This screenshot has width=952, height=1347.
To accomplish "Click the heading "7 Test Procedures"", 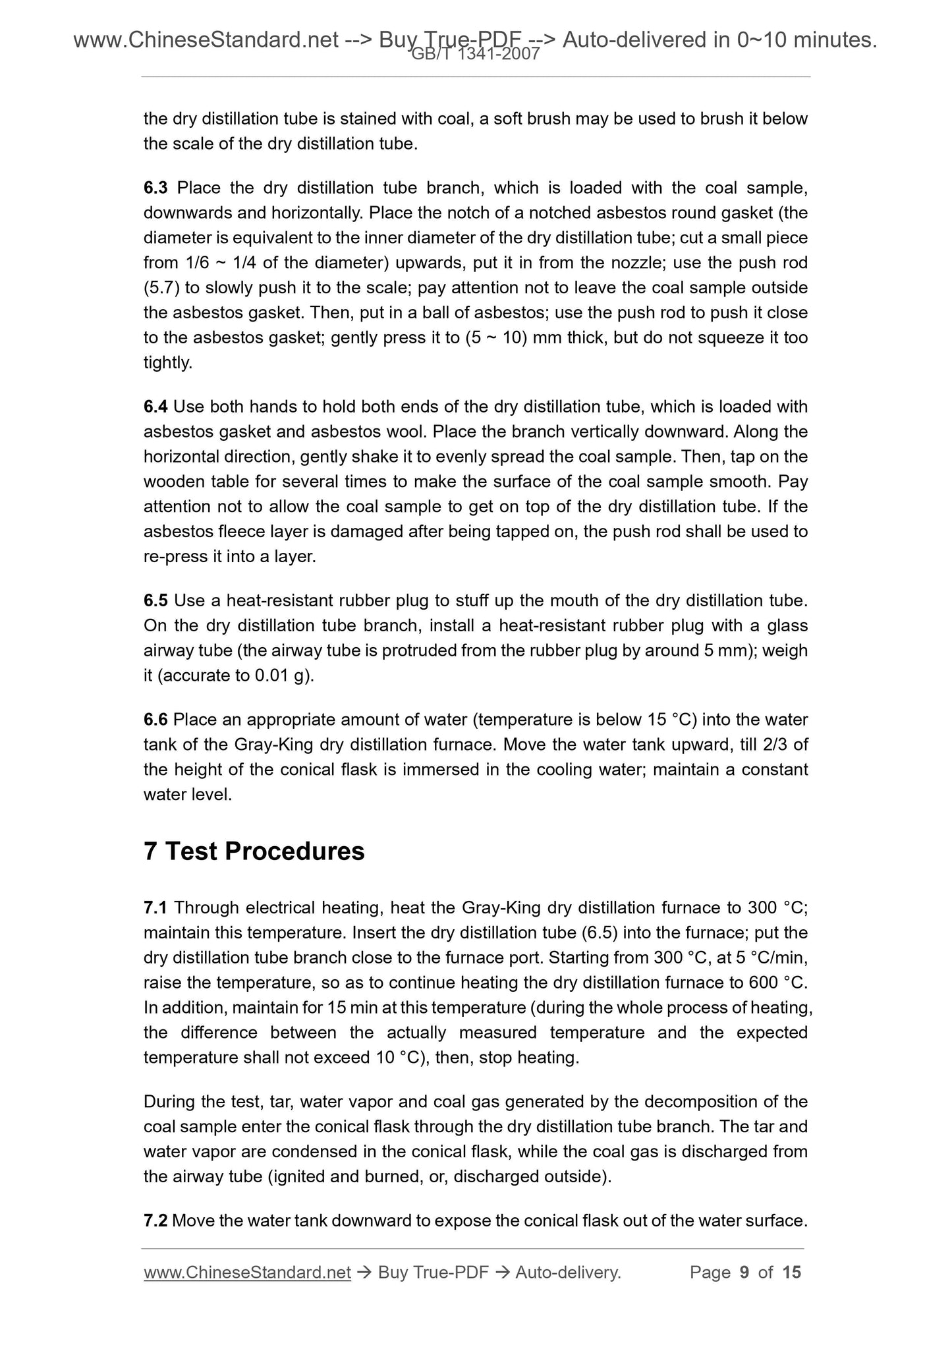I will [254, 851].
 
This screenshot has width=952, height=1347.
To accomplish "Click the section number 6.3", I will [155, 188].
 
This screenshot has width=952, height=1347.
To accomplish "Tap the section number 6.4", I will [155, 407].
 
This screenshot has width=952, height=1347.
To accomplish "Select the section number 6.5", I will [155, 600].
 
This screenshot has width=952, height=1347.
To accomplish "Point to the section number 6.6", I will [155, 719].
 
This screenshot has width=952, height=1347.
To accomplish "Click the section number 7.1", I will [155, 907].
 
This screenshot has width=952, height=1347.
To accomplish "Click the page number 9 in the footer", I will [744, 1272].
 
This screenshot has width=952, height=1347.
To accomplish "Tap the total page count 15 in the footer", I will [791, 1272].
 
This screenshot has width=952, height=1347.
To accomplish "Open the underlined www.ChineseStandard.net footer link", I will [247, 1272].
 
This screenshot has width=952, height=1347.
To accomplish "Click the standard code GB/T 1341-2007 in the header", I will [476, 55].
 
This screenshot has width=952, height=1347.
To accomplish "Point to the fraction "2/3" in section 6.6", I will [775, 744].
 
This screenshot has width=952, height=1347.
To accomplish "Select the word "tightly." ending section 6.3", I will [168, 362].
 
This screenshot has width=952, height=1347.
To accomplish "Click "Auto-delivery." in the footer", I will [568, 1272].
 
